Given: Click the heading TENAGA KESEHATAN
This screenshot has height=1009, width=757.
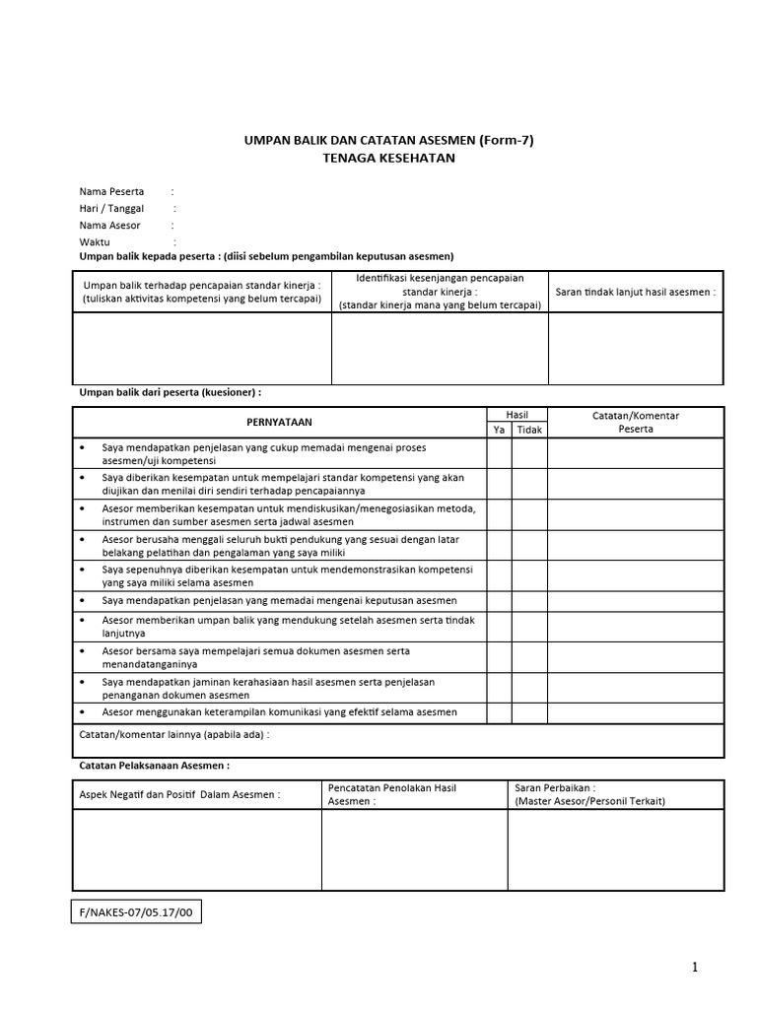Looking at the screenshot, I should (388, 158).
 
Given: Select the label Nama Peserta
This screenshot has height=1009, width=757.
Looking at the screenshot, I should (111, 191).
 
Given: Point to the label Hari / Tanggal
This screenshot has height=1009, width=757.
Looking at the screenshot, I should (111, 208).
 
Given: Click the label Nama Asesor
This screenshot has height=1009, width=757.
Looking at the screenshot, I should (110, 225).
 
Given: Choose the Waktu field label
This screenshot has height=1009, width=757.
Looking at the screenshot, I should (95, 241).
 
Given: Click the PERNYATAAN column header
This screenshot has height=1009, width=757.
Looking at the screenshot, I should (279, 422).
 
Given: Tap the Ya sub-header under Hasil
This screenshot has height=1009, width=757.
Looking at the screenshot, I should (498, 430).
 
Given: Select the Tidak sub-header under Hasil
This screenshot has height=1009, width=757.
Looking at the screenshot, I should (529, 430).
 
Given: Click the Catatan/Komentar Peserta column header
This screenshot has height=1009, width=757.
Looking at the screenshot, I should (635, 422).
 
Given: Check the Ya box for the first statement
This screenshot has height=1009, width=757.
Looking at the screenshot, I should (498, 453).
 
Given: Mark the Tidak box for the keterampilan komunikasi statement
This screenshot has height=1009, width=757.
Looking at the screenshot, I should (529, 712).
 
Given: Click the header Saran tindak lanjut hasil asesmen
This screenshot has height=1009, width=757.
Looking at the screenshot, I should (635, 293).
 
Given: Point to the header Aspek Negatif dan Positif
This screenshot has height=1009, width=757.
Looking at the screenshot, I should (180, 794).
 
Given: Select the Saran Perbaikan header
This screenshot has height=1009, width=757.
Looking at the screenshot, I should (589, 794).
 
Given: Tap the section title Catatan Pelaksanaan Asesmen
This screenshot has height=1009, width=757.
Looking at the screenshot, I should (154, 765).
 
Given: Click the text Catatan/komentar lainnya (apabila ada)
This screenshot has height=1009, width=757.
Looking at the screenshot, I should (173, 734).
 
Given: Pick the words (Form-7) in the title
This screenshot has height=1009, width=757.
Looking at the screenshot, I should (506, 140).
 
